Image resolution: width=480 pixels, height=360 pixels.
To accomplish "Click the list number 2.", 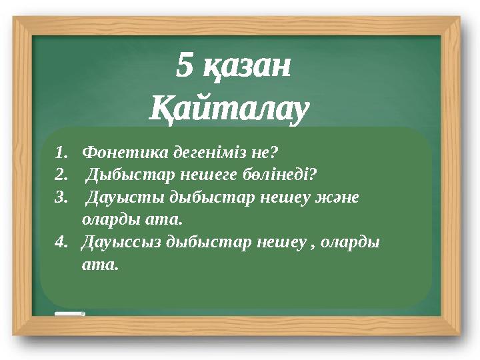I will (x=62, y=175).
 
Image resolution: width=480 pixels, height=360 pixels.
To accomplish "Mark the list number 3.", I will (x=62, y=197).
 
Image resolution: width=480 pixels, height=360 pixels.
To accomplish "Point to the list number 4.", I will (x=62, y=243).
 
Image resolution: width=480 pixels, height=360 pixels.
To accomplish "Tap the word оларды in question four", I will (x=355, y=243).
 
